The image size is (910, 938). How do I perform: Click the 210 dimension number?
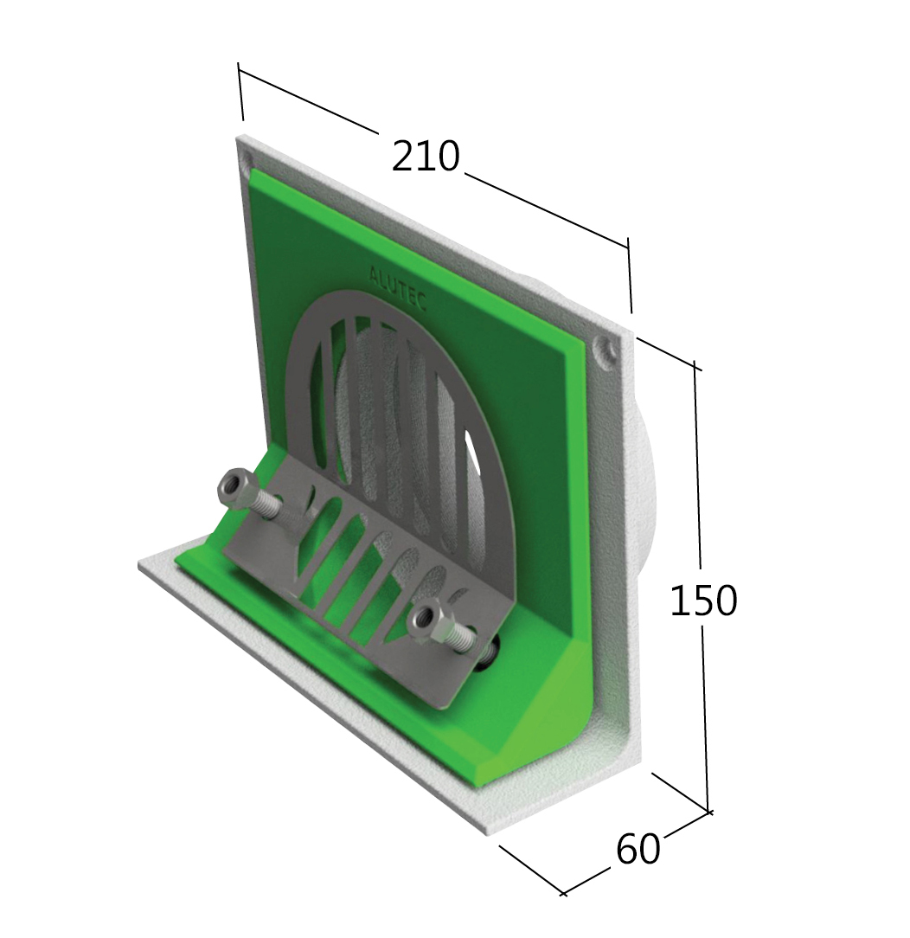(x=425, y=157)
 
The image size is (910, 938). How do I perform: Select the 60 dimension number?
(x=638, y=850)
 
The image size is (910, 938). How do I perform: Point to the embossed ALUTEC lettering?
(x=397, y=286)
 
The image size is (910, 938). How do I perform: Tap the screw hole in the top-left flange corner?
(x=247, y=161)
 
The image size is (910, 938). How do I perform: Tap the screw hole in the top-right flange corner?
(x=609, y=350)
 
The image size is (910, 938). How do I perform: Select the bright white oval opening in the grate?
(x=475, y=453)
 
